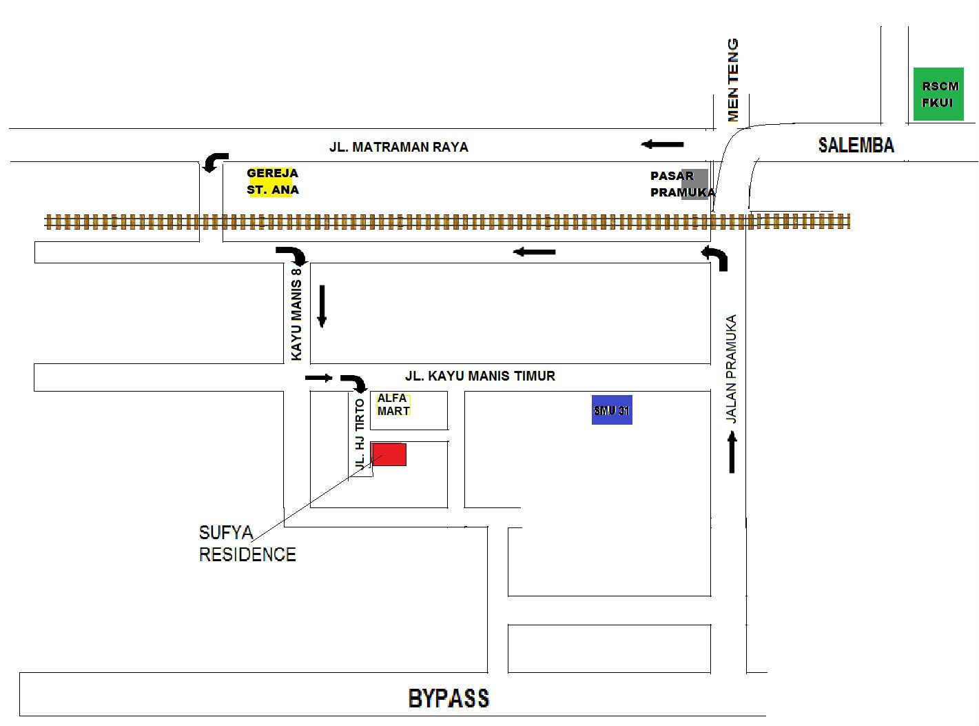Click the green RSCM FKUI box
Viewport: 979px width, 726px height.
click(x=938, y=94)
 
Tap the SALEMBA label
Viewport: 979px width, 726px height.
click(x=856, y=145)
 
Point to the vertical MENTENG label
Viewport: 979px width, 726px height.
click(x=733, y=80)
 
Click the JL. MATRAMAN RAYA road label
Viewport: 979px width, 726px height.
click(x=398, y=147)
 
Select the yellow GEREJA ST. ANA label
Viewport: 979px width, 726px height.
click(x=273, y=181)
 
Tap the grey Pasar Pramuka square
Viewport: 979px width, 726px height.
click(x=694, y=183)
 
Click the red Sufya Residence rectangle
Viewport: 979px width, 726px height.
click(x=389, y=454)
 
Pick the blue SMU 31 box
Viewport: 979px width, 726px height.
click(x=612, y=410)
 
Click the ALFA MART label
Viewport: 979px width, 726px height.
click(x=393, y=405)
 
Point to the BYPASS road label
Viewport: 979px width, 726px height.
click(x=449, y=698)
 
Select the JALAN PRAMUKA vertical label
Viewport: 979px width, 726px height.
click(x=731, y=369)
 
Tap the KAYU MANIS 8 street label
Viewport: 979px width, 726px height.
click(x=297, y=314)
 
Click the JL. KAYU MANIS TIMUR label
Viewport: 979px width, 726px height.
click(x=480, y=376)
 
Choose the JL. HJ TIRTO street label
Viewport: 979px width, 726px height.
click(x=359, y=434)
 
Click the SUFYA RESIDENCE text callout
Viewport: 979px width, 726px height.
click(x=247, y=543)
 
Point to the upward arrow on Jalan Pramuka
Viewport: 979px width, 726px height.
click(x=732, y=452)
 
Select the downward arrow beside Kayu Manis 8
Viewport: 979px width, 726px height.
click(x=321, y=305)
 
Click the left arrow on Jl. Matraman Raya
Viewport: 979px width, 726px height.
click(x=663, y=144)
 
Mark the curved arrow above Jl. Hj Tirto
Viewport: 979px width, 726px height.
click(x=355, y=383)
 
